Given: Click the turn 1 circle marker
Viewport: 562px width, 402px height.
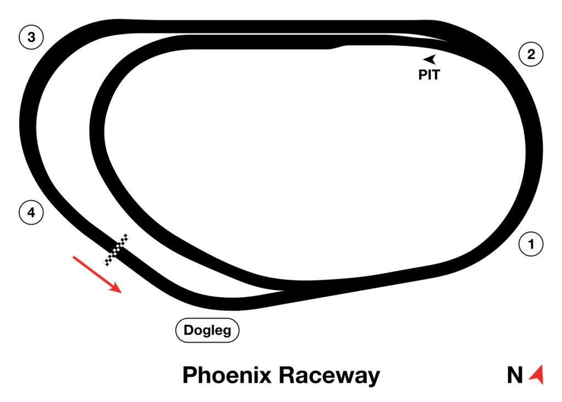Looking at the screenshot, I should point(531,244).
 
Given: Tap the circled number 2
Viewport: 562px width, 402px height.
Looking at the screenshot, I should point(531,54).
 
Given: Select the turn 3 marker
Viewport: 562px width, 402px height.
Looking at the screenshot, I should point(31,37).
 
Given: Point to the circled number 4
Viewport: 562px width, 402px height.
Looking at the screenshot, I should point(31,212).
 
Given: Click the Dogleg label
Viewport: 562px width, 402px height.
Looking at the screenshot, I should point(207,330).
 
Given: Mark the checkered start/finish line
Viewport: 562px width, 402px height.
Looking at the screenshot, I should point(116,250).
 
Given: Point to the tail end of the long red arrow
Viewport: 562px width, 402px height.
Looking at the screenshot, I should point(74,256).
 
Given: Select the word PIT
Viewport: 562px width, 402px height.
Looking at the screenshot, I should point(429,75).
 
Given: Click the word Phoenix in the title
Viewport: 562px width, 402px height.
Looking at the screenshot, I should point(227,376).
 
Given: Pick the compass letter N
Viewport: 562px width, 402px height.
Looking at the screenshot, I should point(515,376).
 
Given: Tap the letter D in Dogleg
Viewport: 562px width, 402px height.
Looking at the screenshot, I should point(190,330).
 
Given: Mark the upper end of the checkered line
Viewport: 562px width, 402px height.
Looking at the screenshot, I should point(126,238).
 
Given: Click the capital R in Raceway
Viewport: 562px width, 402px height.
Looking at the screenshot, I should point(286,376).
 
